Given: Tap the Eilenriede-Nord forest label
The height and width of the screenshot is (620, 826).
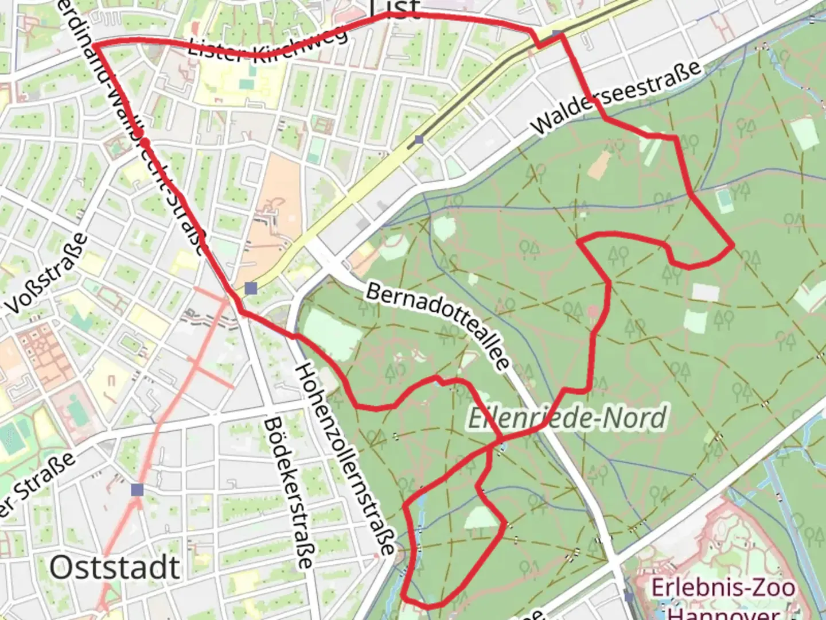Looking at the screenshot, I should click(x=567, y=417).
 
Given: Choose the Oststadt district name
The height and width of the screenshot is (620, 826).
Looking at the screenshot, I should click(x=115, y=567).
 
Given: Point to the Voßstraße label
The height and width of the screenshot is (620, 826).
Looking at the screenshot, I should click(x=49, y=274).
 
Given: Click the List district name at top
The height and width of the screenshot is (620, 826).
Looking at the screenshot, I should click(x=395, y=9).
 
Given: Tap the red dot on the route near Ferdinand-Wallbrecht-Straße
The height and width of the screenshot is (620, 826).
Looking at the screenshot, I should click(x=146, y=142).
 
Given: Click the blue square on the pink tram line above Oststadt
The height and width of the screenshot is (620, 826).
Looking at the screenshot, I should click(x=137, y=490).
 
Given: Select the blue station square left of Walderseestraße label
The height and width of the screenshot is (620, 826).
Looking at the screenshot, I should click(x=419, y=139).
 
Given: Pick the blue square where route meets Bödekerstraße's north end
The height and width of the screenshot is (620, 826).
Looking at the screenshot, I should click(x=250, y=288).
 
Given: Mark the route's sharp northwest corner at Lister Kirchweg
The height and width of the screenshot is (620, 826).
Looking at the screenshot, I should click(x=93, y=44).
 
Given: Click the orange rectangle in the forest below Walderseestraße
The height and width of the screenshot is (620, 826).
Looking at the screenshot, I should click(x=599, y=164).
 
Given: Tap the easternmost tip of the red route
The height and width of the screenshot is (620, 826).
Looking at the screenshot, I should click(x=733, y=246).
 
